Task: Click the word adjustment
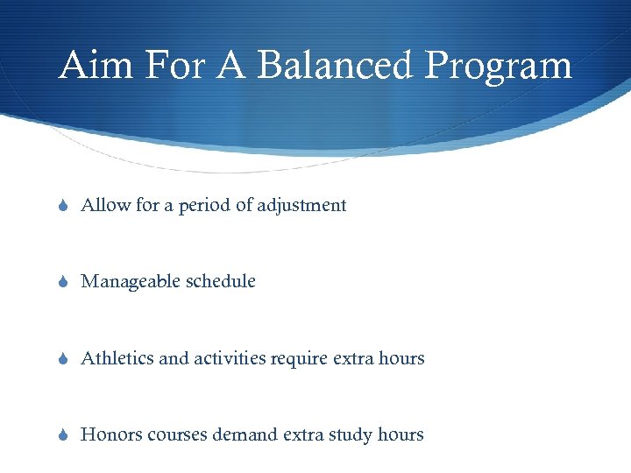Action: point(301,207)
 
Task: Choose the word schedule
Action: point(226,282)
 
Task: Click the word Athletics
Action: point(117,358)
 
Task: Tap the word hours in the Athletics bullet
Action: point(401,358)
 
